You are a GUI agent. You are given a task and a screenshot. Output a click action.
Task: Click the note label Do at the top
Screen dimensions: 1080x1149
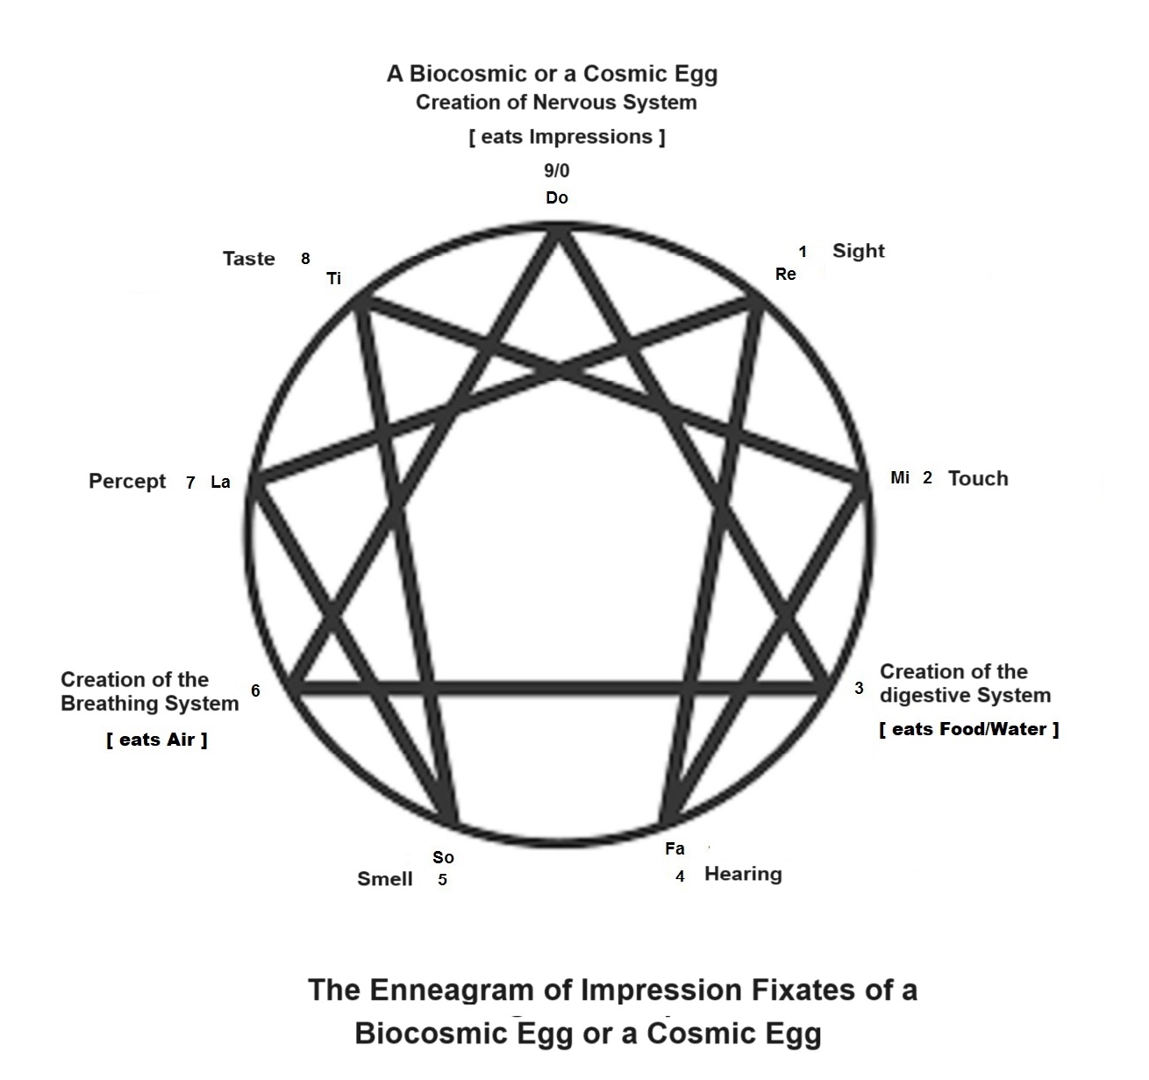click(x=557, y=197)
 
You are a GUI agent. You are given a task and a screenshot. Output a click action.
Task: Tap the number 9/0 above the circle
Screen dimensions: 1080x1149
click(x=556, y=170)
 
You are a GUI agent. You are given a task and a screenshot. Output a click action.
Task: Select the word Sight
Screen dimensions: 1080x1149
click(x=858, y=251)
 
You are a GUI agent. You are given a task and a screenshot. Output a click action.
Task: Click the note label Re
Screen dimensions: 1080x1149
click(x=786, y=274)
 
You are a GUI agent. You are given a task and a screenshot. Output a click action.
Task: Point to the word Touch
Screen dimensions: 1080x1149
click(x=978, y=478)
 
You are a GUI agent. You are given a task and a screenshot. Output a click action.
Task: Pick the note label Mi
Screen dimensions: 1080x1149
click(x=900, y=477)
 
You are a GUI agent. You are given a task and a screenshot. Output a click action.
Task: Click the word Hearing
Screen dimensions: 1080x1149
click(x=743, y=874)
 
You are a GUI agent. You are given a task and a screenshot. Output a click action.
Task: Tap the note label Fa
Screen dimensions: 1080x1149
click(x=674, y=848)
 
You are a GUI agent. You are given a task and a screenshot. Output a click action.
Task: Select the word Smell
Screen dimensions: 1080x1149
click(x=384, y=879)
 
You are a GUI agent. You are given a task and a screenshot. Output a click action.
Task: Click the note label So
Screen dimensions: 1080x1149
click(x=443, y=857)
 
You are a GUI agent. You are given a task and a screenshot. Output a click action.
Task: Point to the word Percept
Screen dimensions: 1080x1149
click(x=127, y=481)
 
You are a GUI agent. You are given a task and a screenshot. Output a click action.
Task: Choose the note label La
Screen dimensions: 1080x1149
click(x=220, y=482)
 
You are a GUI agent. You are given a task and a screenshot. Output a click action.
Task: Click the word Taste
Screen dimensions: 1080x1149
click(x=249, y=259)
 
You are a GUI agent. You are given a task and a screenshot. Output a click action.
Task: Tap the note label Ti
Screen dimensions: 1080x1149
click(x=334, y=279)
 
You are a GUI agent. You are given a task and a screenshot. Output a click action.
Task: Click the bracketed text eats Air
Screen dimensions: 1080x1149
click(x=157, y=740)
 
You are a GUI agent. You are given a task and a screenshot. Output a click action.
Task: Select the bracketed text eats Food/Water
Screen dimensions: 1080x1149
click(x=969, y=729)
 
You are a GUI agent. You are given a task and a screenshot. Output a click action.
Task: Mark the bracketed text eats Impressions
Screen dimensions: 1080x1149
click(x=567, y=137)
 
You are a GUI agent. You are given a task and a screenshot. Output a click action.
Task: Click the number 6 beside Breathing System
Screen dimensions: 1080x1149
click(x=255, y=690)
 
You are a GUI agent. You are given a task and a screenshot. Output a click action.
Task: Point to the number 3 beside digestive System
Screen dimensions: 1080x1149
click(x=860, y=688)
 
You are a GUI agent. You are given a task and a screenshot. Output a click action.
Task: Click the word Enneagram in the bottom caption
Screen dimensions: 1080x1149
click(x=451, y=990)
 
